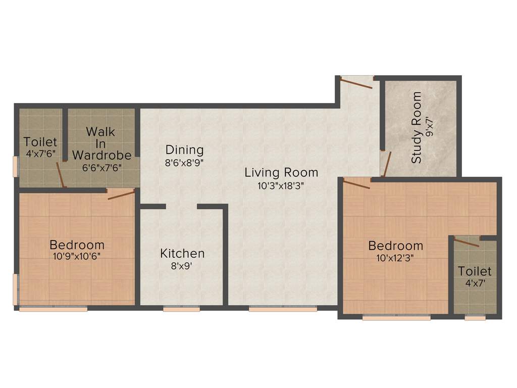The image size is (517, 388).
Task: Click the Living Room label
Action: click(x=281, y=172)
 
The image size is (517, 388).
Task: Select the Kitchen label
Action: click(x=182, y=253)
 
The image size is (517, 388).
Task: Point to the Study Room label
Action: click(x=417, y=127)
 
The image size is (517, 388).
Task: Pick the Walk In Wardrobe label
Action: click(x=101, y=143)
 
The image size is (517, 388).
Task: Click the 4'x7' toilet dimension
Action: click(x=475, y=283)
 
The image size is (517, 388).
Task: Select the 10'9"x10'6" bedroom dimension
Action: click(x=77, y=256)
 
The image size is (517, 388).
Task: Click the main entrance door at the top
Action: click(x=356, y=81)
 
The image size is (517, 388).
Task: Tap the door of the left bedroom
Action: click(x=121, y=194)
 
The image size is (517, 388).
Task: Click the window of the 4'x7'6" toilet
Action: click(x=15, y=166)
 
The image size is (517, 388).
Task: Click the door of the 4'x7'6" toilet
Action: click(x=61, y=175)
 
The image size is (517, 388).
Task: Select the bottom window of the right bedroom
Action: click(x=396, y=318)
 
